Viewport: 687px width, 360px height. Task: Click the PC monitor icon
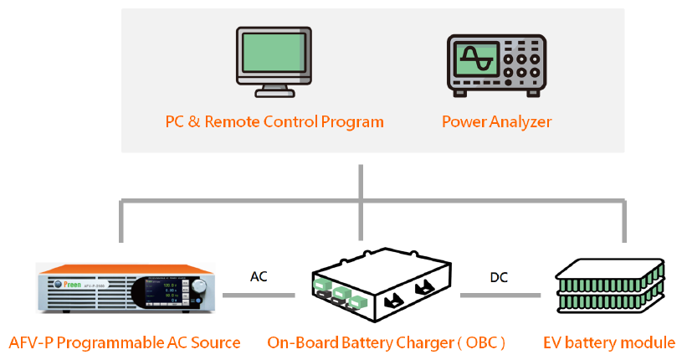coord(274,61)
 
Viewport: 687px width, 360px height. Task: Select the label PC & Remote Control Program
coord(274,121)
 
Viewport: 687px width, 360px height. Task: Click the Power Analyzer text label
coord(496,121)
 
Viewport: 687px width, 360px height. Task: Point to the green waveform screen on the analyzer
coord(474,62)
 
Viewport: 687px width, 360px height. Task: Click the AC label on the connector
coord(259,276)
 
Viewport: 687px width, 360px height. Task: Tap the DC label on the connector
coord(499,276)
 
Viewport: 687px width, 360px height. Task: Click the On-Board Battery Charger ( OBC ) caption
coord(386,342)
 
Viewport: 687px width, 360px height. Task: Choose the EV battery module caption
coord(609,342)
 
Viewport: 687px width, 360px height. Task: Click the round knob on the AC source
coord(198,288)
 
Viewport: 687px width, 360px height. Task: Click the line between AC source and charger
coord(259,294)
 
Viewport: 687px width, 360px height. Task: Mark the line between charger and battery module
coord(500,294)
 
